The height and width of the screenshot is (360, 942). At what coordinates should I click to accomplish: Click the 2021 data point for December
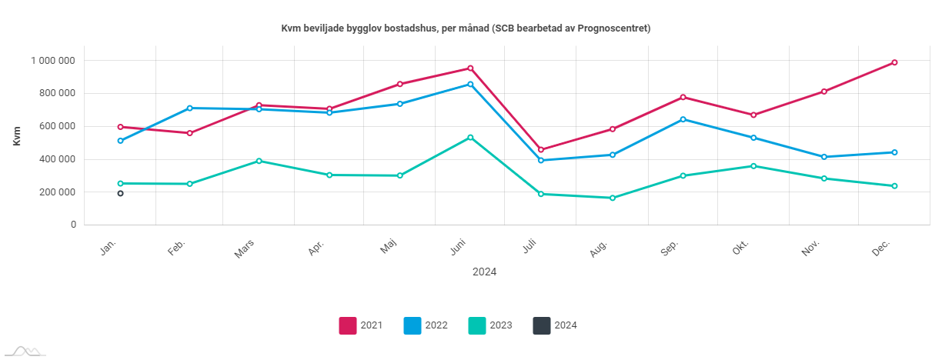point(894,62)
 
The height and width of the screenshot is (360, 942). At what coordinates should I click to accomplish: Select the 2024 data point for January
point(121,193)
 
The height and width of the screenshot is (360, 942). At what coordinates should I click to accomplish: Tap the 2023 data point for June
point(470,137)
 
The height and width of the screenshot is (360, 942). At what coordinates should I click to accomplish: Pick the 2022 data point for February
point(189,108)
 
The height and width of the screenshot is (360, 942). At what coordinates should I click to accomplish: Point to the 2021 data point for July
point(541,149)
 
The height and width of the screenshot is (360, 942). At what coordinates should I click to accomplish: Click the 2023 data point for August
point(613,198)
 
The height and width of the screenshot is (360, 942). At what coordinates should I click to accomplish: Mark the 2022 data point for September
point(683,119)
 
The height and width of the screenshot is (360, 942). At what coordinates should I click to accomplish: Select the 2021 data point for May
point(400,84)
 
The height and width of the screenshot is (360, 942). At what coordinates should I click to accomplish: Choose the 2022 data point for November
point(823,157)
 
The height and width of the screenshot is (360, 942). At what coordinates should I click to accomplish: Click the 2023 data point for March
point(259,161)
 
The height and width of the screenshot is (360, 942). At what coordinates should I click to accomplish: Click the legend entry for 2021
point(361,325)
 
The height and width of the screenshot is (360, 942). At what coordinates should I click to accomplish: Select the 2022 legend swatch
point(413,325)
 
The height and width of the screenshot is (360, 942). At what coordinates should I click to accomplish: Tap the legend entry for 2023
point(490,325)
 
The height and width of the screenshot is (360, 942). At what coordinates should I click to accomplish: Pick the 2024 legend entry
point(555,325)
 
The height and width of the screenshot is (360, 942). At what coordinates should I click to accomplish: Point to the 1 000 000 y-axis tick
point(53,61)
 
